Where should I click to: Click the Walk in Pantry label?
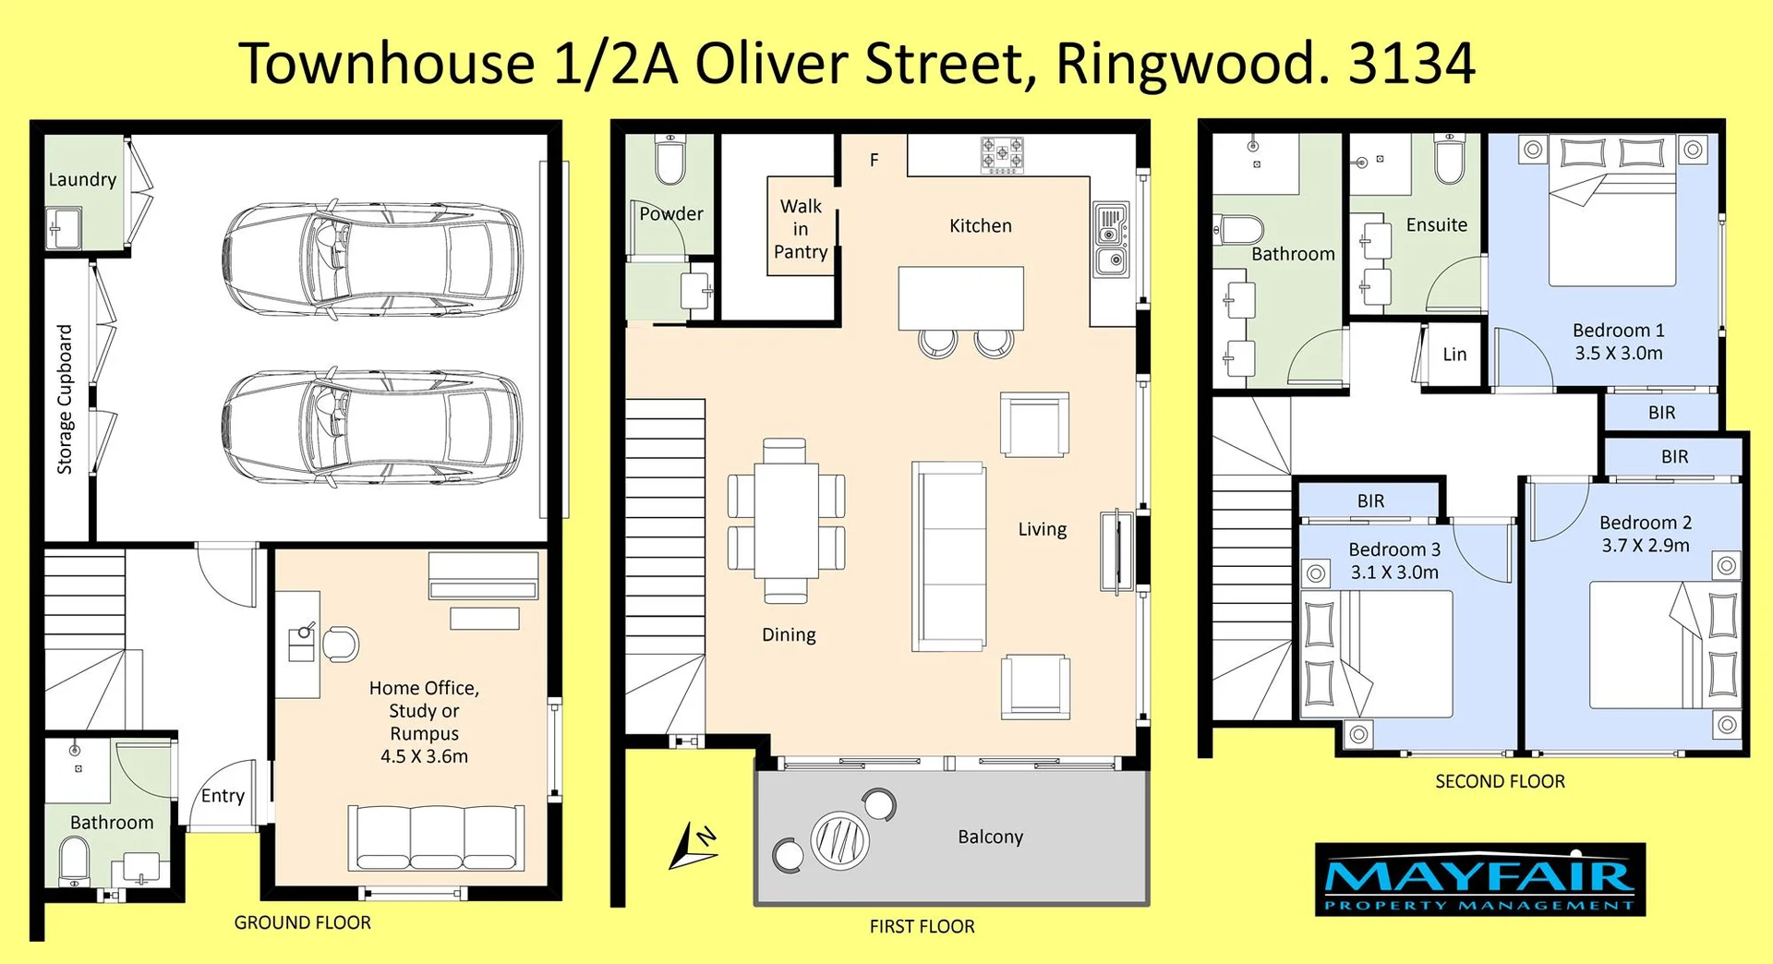pos(800,229)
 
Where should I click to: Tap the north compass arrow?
pos(691,846)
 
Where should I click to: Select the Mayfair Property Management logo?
pos(1479,879)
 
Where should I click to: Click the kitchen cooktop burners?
pos(1001,155)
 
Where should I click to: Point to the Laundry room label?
pos(82,180)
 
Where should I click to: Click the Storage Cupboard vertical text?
pos(65,399)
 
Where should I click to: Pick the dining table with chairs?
pos(786,521)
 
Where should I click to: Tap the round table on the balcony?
pos(839,839)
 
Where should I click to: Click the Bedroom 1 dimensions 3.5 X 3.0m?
pos(1618,354)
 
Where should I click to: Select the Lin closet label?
pos(1454,355)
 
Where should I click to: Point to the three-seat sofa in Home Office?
pos(435,837)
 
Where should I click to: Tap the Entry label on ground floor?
pos(223,796)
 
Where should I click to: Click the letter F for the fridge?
pos(874,161)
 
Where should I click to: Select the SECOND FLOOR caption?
pos(1500,781)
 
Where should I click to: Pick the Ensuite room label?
pos(1436,225)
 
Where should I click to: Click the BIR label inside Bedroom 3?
pos(1370,501)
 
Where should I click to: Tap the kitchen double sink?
pos(1111,238)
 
